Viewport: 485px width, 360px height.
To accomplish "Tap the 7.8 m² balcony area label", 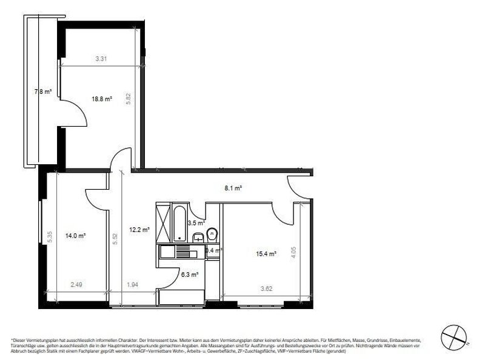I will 42,92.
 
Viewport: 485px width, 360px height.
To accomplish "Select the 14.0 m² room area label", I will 76,235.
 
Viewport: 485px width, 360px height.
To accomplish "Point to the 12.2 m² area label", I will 139,230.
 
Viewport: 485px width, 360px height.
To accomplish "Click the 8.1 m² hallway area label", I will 234,188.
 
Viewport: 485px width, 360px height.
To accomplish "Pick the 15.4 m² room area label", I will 267,255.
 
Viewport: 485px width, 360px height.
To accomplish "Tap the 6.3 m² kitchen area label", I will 189,275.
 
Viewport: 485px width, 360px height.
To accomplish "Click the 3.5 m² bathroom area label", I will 195,224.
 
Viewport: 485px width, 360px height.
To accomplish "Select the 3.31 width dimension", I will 102,59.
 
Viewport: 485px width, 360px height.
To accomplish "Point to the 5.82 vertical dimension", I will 129,99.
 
